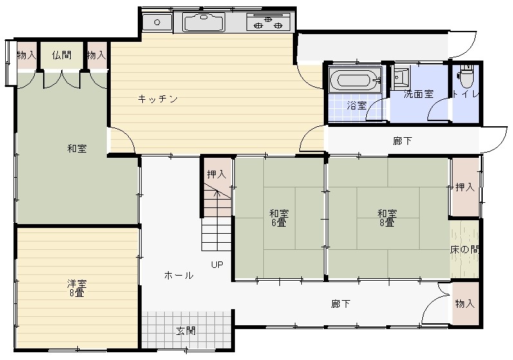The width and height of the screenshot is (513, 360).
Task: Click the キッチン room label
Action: pos(158,99)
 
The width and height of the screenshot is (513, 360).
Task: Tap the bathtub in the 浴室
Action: pos(355,79)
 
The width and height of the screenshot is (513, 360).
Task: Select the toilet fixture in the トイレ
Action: pos(466,76)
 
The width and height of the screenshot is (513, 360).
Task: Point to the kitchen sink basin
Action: pos(204,23)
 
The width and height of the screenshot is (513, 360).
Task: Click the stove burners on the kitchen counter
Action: pos(268,23)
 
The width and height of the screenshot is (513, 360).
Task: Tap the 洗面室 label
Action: pos(418,95)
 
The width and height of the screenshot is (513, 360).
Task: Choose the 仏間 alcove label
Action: pos(62,55)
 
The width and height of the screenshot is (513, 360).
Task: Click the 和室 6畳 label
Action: pos(279,218)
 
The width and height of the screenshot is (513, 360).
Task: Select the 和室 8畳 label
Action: pos(387,218)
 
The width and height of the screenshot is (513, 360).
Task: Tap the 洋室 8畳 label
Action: pos(77,288)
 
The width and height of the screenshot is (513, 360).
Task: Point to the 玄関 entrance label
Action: pos(186,331)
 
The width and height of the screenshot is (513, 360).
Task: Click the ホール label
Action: pos(179,275)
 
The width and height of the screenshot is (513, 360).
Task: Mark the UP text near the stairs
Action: pos(217,265)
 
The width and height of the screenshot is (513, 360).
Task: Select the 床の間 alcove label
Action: pos(464,250)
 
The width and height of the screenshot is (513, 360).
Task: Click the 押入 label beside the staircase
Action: pos(216,174)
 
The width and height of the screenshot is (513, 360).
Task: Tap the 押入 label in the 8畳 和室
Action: pos(465,187)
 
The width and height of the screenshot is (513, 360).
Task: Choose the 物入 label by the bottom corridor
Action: pos(465,304)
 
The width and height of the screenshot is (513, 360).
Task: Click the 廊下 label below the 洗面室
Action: pos(402,141)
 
